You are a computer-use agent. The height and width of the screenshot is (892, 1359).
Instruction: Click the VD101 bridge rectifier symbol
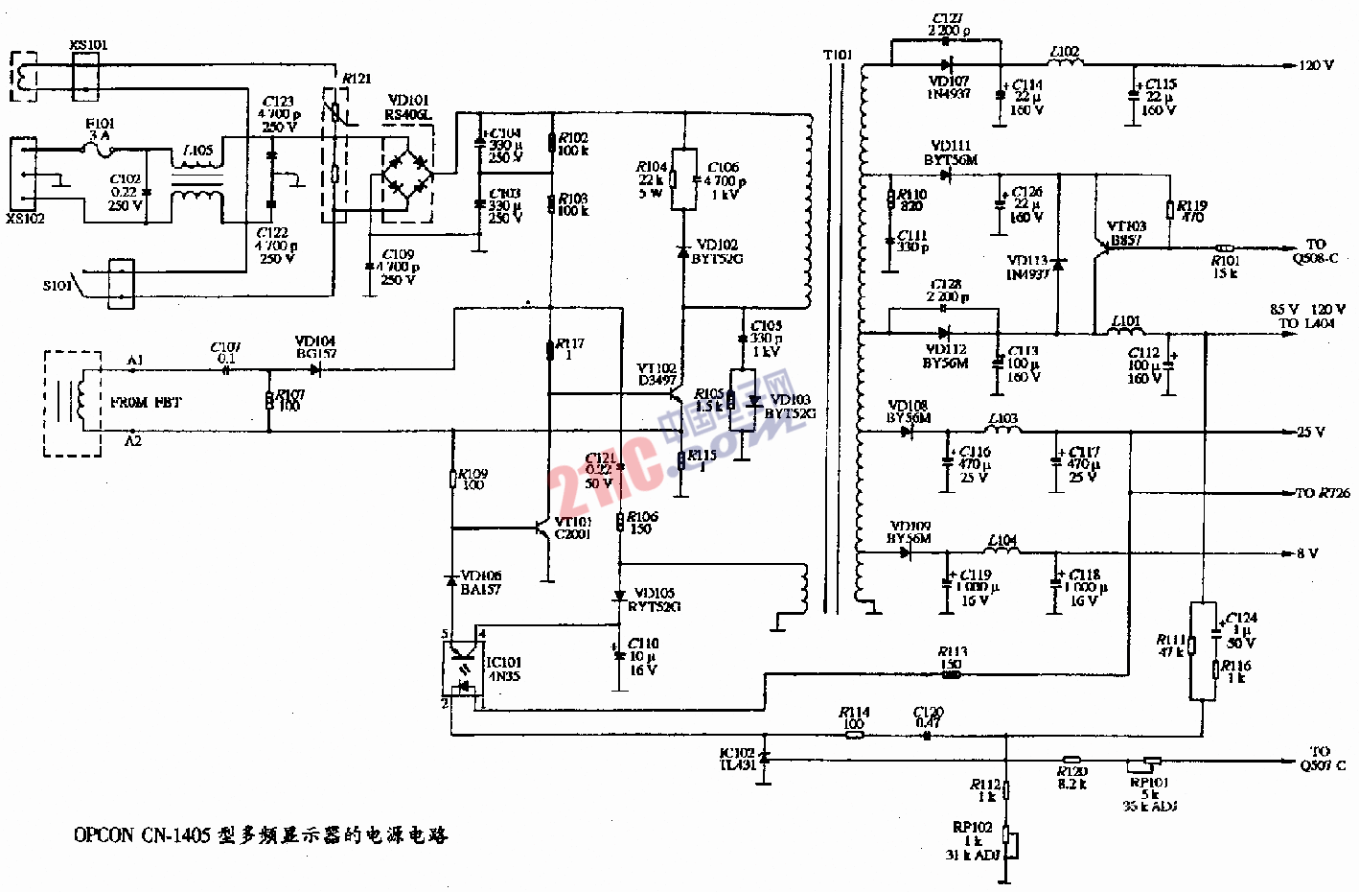pyautogui.click(x=407, y=174)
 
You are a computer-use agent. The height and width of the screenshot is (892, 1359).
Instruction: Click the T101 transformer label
pyautogui.click(x=837, y=55)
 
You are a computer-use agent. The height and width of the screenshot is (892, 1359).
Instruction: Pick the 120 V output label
pyautogui.click(x=1316, y=65)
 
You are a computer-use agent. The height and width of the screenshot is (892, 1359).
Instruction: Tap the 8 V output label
pyautogui.click(x=1307, y=553)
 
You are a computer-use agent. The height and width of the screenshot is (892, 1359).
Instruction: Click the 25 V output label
pyautogui.click(x=1310, y=432)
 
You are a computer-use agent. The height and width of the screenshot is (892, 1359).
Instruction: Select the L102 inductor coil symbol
pyautogui.click(x=1065, y=63)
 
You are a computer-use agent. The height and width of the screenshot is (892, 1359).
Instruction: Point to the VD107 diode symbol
pyautogui.click(x=947, y=65)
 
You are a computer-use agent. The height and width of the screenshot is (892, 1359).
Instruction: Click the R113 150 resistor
pyautogui.click(x=952, y=674)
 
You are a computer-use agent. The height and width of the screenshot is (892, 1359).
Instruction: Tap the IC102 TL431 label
pyautogui.click(x=737, y=759)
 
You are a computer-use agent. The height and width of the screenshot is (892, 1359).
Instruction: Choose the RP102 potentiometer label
pyautogui.click(x=972, y=827)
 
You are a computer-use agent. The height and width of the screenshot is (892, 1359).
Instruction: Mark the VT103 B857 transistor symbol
pyautogui.click(x=1099, y=247)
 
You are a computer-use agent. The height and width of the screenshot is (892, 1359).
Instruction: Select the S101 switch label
pyautogui.click(x=58, y=286)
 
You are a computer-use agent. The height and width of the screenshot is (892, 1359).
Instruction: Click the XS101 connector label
pyautogui.click(x=89, y=45)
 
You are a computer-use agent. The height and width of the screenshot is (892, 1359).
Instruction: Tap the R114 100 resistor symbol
pyautogui.click(x=853, y=735)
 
